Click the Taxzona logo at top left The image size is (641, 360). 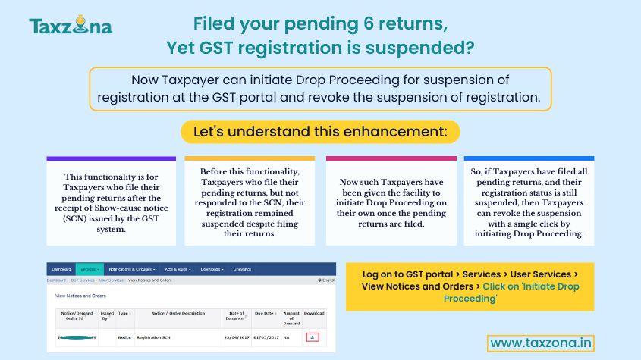(71, 27)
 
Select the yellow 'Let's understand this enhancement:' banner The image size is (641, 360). (320, 131)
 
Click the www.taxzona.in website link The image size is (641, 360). (541, 343)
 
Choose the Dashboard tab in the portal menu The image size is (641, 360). (61, 269)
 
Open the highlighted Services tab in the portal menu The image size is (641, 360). (90, 269)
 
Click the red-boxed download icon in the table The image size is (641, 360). (313, 336)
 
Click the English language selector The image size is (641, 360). (328, 280)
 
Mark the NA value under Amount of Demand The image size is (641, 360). (286, 336)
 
